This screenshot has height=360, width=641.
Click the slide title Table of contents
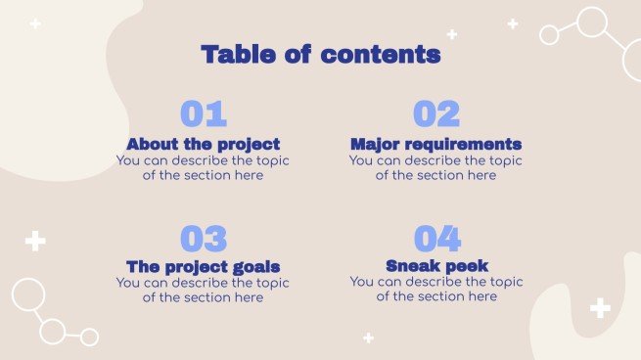320,55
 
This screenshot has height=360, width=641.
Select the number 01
203,114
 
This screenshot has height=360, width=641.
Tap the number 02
435,114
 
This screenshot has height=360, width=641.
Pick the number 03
203,239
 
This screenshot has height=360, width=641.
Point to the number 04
435,239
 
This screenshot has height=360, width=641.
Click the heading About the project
203,144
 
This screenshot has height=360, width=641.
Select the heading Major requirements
435,144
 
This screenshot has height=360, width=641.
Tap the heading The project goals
203,266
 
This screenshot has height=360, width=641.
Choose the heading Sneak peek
435,265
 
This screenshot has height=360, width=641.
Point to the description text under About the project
203,167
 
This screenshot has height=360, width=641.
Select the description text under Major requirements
435,167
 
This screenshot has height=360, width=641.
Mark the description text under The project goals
203,290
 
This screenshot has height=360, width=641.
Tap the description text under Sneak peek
435,289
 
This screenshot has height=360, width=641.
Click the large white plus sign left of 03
35,241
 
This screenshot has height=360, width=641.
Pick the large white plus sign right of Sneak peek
600,308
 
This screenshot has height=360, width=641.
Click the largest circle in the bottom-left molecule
27,294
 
